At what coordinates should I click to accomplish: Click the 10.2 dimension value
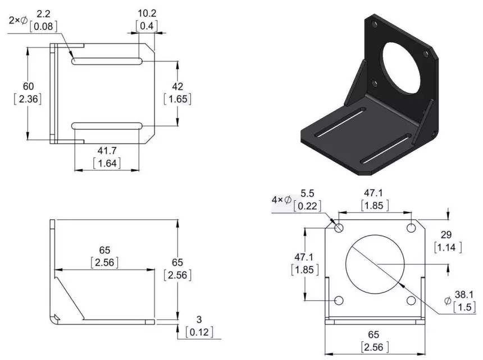tap(147, 13)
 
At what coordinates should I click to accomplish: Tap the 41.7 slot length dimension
tap(107, 151)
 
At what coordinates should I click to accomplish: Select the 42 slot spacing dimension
tap(177, 87)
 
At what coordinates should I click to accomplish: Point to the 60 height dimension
tap(28, 87)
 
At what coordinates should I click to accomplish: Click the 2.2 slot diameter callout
tap(43, 14)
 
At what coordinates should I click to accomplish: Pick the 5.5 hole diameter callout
tap(307, 193)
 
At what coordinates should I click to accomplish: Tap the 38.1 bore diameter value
tap(464, 295)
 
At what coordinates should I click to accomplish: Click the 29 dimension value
tap(446, 235)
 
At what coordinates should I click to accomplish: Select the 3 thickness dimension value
tap(199, 319)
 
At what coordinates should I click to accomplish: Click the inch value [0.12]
tap(199, 332)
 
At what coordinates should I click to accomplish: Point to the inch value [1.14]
tap(448, 247)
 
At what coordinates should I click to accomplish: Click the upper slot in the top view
tap(107, 61)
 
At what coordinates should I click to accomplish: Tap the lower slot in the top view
tap(107, 126)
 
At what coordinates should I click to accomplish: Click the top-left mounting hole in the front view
tap(339, 228)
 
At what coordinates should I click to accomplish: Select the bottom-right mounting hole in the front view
tap(411, 300)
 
